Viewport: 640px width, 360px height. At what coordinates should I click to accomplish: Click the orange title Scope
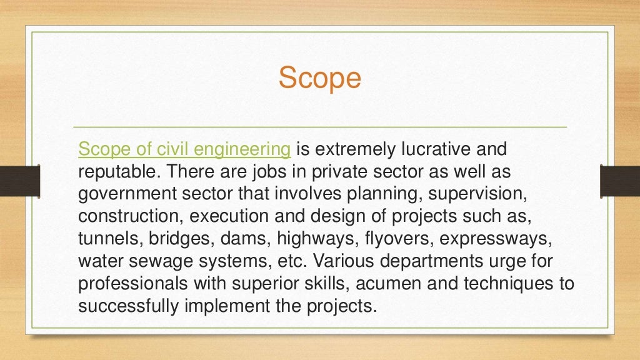coord(319,79)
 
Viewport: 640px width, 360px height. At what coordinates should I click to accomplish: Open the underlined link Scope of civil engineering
coord(184,150)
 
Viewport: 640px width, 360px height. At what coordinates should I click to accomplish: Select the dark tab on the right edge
coord(619,181)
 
